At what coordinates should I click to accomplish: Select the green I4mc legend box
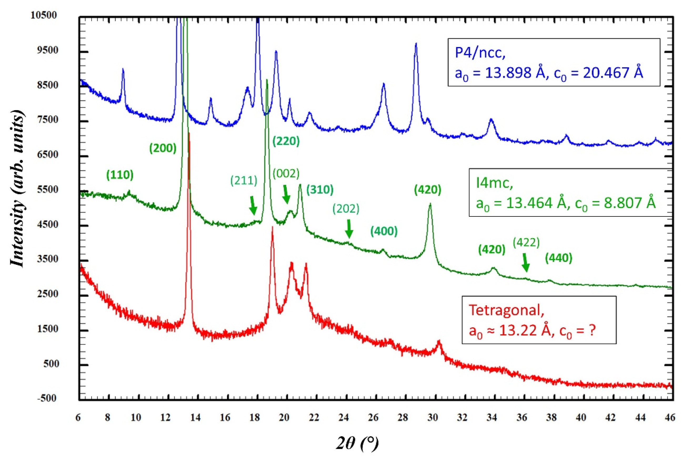[570, 192]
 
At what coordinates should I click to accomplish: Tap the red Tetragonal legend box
[539, 320]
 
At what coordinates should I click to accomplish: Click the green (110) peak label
[120, 175]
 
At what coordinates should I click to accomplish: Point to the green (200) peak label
[163, 148]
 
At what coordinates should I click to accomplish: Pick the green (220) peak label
[286, 141]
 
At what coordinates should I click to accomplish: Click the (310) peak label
[320, 190]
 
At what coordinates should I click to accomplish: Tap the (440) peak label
[559, 258]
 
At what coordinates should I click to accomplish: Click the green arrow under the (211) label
[253, 205]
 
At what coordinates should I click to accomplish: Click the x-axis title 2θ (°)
[358, 443]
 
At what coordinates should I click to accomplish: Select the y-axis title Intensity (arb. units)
[18, 189]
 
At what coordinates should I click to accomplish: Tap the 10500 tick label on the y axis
[44, 15]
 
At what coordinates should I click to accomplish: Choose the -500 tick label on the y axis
[47, 398]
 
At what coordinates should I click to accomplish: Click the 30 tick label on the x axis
[433, 418]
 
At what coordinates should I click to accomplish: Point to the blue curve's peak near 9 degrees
[123, 69]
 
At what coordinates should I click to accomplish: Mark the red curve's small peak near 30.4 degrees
[439, 342]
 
